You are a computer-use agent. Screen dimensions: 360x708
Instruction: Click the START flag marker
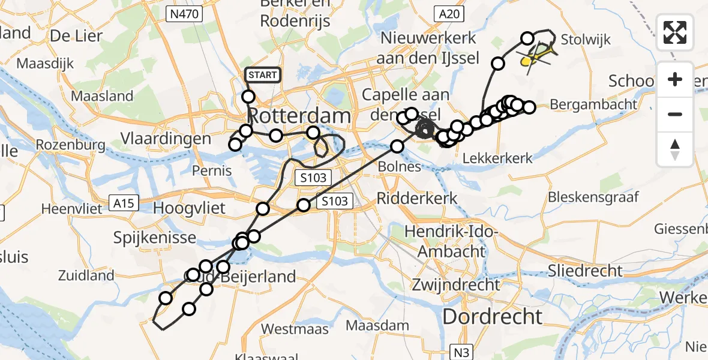pos(263,75)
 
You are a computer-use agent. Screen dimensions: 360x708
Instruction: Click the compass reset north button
pos(675,149)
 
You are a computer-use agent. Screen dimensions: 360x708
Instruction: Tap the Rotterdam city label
pos(291,115)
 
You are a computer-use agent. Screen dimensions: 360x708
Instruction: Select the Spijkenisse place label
pos(155,238)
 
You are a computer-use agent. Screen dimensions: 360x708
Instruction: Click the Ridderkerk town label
pos(418,198)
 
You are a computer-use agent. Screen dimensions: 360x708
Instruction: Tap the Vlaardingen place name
pos(166,139)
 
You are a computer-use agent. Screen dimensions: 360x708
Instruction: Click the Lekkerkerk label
pos(498,158)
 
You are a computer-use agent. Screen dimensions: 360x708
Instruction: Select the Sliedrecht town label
pos(586,271)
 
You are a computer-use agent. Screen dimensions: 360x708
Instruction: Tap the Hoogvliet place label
pos(190,208)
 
